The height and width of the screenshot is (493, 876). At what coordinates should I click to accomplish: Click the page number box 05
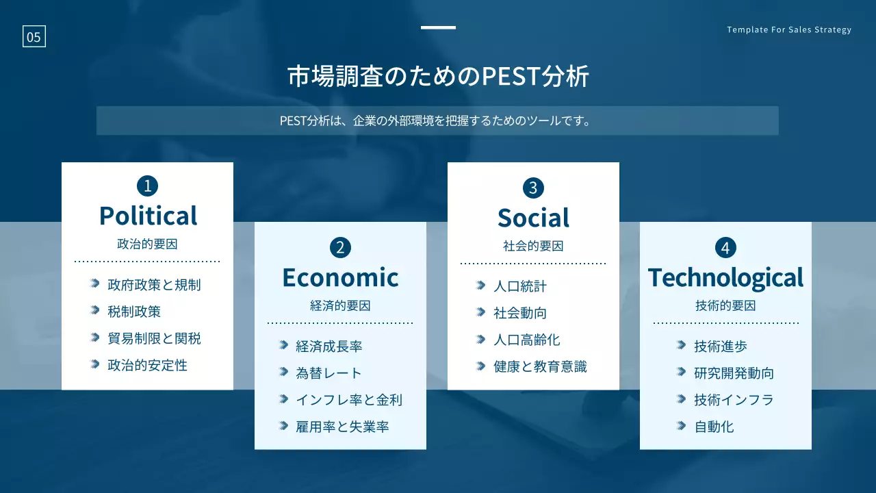(34, 36)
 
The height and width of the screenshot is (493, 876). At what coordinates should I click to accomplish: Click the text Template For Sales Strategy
(789, 29)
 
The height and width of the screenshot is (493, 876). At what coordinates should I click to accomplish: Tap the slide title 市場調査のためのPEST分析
(438, 76)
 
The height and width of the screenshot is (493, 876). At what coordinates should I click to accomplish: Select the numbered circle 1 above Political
(147, 186)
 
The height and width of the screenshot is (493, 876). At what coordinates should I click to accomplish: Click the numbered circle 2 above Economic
(340, 248)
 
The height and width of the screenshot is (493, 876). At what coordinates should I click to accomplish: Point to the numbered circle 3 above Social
(533, 188)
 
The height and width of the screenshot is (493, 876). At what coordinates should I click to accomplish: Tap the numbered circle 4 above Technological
(725, 248)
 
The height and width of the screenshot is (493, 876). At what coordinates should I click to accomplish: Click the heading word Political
(148, 216)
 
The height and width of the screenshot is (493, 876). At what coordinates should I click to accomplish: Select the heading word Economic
(340, 277)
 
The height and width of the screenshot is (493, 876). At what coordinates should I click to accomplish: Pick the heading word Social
(533, 218)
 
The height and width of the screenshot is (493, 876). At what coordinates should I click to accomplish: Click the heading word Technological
(725, 278)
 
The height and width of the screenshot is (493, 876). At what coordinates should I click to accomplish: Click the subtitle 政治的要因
(147, 244)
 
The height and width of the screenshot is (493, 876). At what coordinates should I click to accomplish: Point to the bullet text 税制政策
(134, 312)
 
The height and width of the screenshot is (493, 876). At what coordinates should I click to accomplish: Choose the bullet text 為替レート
(328, 373)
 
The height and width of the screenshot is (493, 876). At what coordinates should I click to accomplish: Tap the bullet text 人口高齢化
(526, 340)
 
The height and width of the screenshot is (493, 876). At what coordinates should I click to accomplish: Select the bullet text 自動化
(714, 427)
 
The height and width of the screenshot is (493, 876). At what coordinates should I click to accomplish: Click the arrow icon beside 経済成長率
(283, 345)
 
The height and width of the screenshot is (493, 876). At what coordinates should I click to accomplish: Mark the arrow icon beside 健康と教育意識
(480, 366)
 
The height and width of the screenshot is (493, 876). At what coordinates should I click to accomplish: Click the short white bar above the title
(438, 27)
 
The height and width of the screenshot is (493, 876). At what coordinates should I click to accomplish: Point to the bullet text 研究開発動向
(734, 373)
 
